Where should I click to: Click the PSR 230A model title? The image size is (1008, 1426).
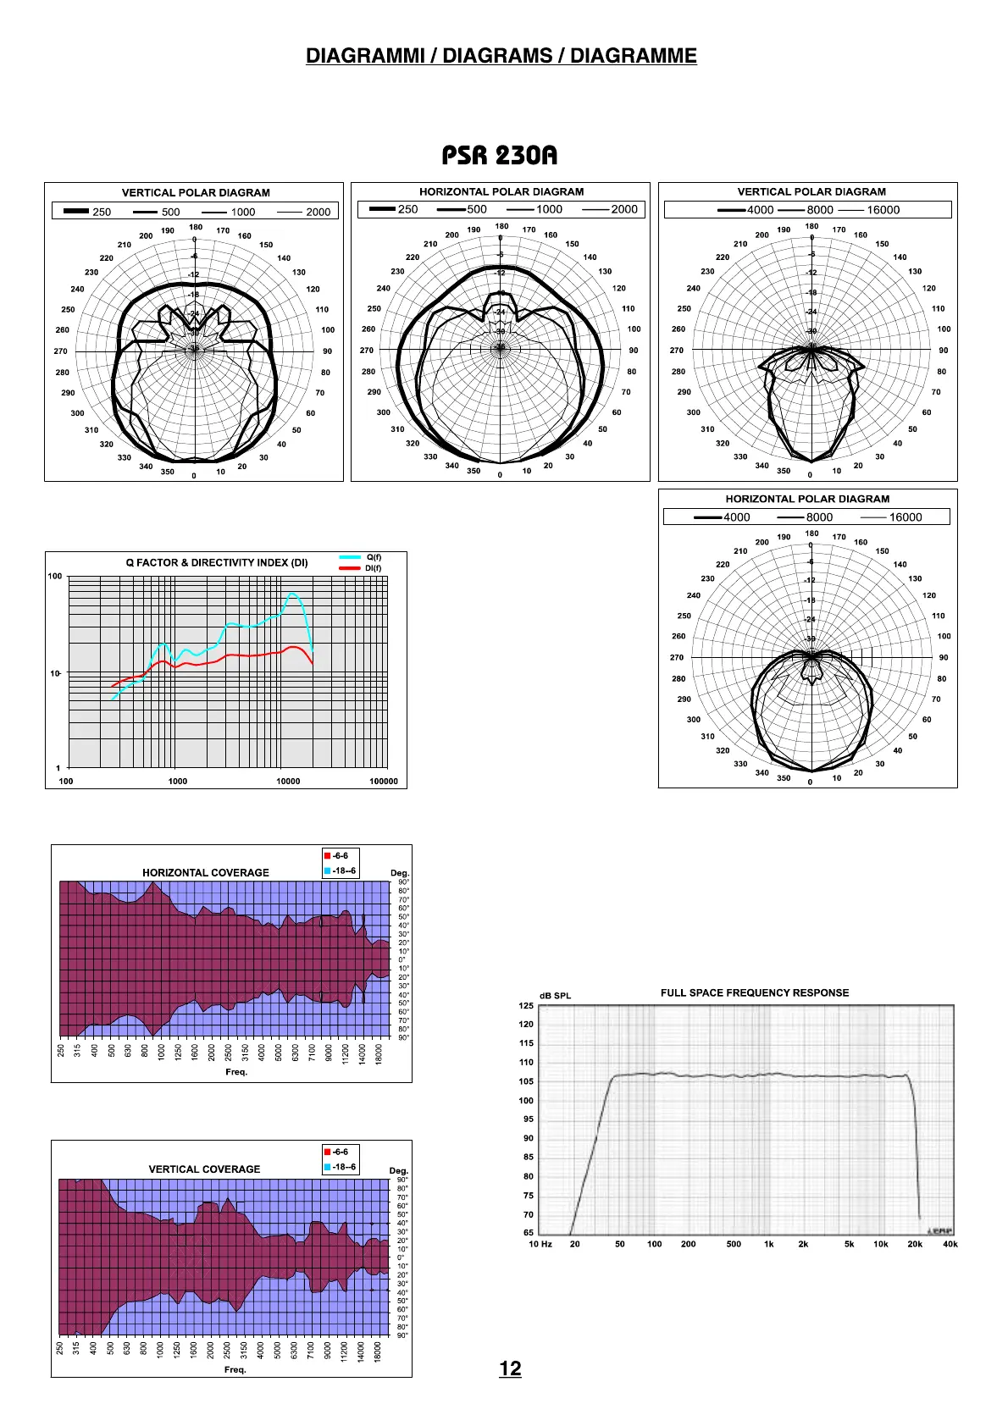(x=500, y=156)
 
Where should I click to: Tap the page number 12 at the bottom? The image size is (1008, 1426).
(x=510, y=1368)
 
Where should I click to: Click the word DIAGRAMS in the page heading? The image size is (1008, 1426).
(x=497, y=56)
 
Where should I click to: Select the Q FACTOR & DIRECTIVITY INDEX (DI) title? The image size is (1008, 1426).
(x=217, y=562)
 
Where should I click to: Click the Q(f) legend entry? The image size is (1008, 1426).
(x=374, y=557)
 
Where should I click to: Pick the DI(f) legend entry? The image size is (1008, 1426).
(x=374, y=568)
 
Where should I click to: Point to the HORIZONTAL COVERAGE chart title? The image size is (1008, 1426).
(x=206, y=872)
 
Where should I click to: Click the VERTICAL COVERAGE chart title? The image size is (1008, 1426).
(x=204, y=1169)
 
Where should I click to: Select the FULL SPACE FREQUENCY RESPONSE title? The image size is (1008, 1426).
(x=755, y=992)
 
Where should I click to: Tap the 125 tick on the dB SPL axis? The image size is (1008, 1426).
(x=526, y=1006)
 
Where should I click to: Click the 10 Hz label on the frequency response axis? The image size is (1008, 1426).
(x=540, y=1244)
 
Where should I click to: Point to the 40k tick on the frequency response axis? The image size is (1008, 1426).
(x=950, y=1244)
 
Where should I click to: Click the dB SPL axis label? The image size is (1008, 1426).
(x=555, y=996)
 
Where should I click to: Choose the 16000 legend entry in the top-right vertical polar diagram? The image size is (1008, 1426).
(x=883, y=210)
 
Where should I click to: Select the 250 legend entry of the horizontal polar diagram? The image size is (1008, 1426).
(x=407, y=209)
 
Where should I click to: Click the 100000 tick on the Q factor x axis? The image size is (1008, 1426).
(x=384, y=782)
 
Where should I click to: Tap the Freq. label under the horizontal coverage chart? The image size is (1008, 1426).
(x=236, y=1072)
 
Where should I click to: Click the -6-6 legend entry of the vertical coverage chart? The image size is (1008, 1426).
(x=340, y=1152)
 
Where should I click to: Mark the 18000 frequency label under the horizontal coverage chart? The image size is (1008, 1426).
(x=379, y=1053)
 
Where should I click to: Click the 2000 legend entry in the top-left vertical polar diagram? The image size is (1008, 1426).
(x=318, y=212)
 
